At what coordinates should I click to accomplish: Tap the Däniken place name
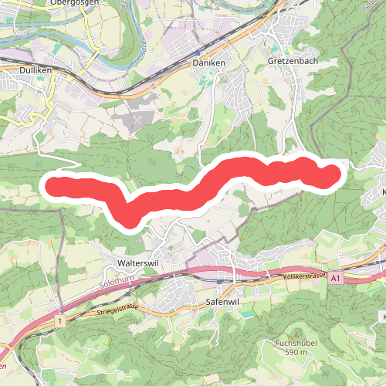click(x=207, y=62)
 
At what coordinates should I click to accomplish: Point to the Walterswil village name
click(x=137, y=262)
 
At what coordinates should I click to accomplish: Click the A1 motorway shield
click(x=337, y=276)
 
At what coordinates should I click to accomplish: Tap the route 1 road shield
click(x=59, y=319)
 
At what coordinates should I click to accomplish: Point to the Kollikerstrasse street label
click(x=304, y=276)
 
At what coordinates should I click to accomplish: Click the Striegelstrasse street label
click(x=117, y=310)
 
